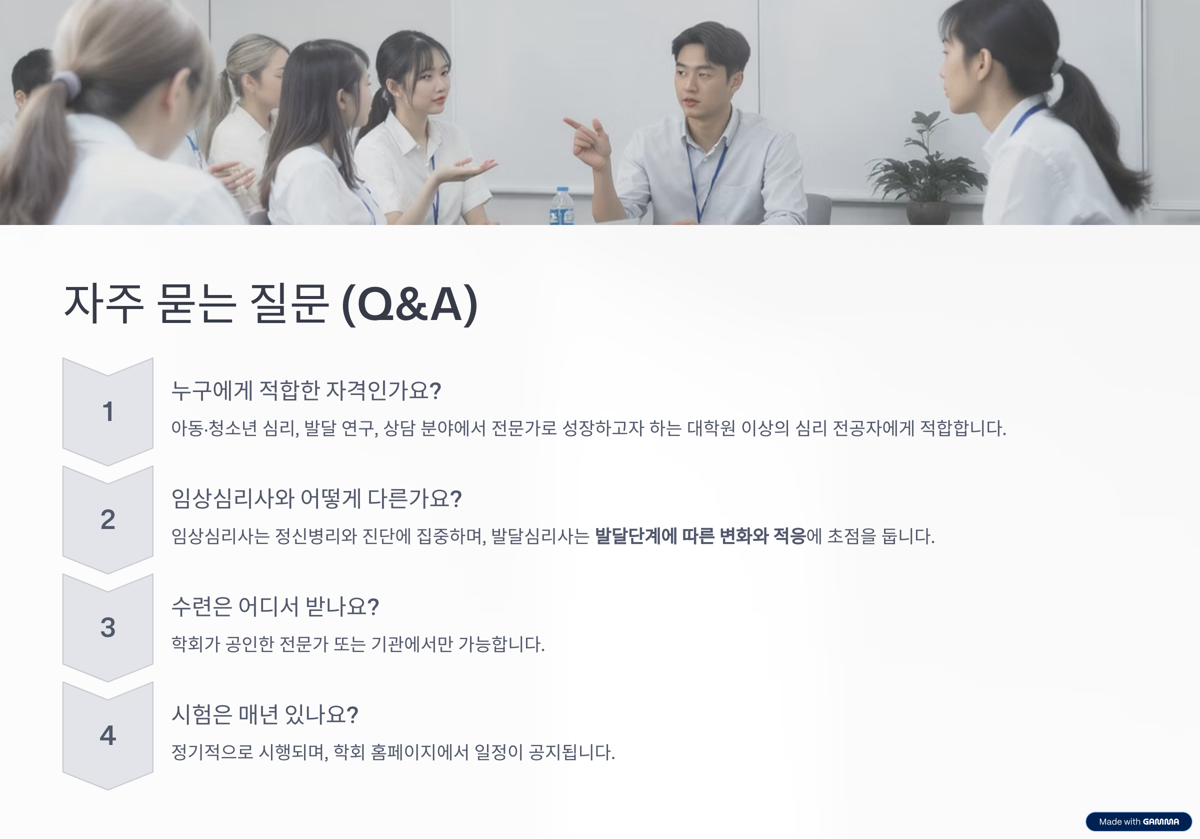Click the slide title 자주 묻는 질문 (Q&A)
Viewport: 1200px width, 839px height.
coord(270,304)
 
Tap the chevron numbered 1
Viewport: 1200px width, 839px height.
coord(107,412)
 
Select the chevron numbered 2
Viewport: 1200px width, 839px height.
coord(107,519)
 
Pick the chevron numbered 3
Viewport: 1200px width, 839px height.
coord(107,628)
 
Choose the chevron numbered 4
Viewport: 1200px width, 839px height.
coord(107,735)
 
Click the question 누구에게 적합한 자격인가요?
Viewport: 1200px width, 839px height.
coord(306,390)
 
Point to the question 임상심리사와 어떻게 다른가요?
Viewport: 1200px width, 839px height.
coord(316,498)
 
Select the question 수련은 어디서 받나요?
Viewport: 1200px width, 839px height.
coord(275,606)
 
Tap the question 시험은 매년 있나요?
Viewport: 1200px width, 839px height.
coord(265,714)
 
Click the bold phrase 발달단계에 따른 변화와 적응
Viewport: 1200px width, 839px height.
coord(700,536)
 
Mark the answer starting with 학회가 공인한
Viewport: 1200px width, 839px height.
coord(358,644)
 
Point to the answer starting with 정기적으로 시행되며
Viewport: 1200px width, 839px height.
coord(393,752)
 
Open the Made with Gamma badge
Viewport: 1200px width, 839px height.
coord(1138,821)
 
